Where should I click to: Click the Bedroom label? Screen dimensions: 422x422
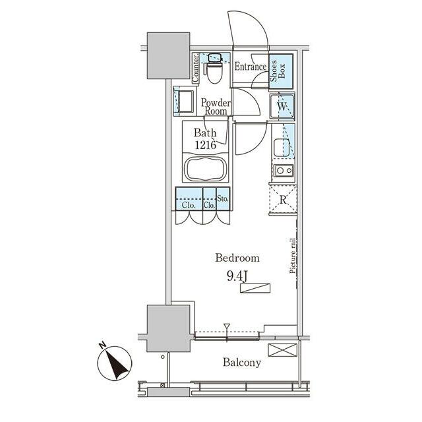237,258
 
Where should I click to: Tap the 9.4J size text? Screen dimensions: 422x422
237,276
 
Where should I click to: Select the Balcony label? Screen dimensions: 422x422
242,363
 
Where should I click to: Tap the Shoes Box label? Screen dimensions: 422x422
278,71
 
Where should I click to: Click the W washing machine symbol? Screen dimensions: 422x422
282,106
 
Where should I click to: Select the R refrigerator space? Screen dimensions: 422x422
283,199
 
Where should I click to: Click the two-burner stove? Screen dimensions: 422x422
284,170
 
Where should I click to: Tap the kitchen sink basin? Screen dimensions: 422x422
282,148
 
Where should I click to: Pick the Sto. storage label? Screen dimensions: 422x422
223,199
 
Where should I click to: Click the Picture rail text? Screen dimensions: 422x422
293,256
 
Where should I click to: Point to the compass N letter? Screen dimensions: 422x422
102,345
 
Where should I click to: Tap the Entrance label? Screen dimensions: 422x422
251,67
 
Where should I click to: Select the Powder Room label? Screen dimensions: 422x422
216,107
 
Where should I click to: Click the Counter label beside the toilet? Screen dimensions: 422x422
195,68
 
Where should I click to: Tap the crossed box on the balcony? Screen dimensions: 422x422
283,350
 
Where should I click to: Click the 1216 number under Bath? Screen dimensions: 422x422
205,145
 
